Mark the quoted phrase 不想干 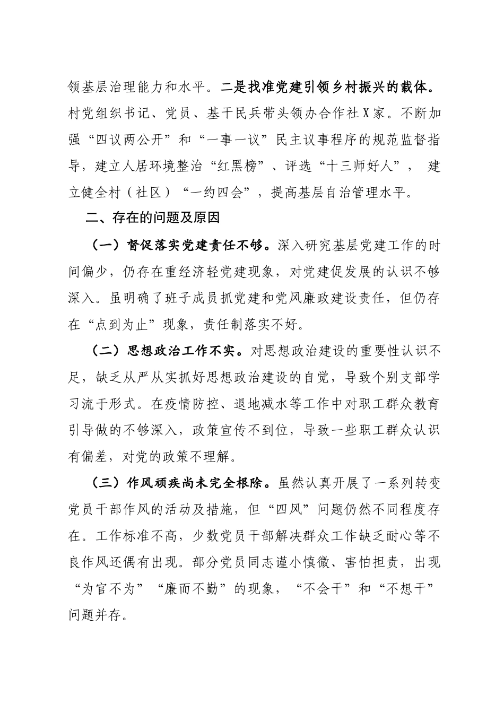point(405,589)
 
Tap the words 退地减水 point(237,403)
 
